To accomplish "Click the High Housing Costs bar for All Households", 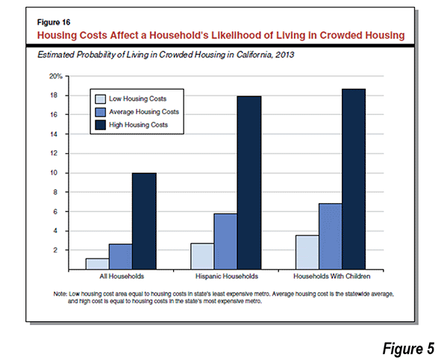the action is click(144, 221).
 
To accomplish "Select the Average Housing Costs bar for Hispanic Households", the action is click(225, 241).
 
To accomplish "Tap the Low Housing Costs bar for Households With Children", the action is click(307, 252).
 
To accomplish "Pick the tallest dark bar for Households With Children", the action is click(354, 179).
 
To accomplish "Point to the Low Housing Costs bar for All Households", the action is click(98, 264).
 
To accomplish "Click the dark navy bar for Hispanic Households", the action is click(249, 183).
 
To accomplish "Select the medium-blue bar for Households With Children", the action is click(331, 237).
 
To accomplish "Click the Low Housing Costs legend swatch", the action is click(101, 99).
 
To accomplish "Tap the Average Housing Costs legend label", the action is click(144, 112).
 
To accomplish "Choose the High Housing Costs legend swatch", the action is click(101, 125).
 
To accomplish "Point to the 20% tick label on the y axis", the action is click(56, 76).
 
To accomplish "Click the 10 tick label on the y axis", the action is click(54, 173).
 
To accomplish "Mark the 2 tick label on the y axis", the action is click(55, 250).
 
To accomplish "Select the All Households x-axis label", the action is click(122, 276).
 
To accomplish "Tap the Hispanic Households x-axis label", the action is click(227, 276).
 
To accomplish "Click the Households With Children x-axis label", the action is click(332, 276).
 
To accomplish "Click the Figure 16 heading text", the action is click(54, 22).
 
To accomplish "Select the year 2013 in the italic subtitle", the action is click(284, 55).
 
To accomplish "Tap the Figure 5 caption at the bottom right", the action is click(408, 348).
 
